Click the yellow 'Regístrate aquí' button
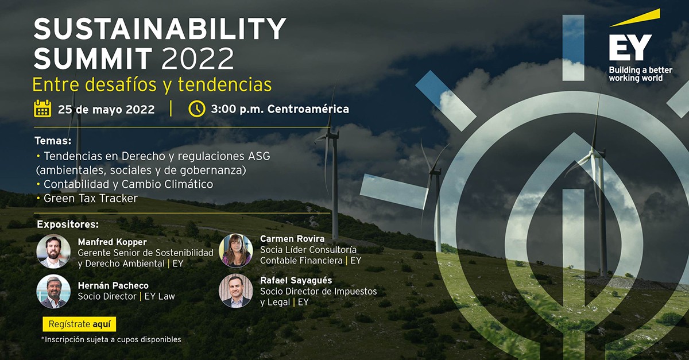click(79, 324)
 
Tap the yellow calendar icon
click(42, 109)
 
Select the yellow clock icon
click(196, 109)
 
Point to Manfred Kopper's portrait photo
click(53, 251)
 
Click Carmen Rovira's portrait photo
click(235, 250)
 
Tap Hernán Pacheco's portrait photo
click(53, 291)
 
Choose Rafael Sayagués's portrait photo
click(235, 291)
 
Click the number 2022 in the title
click(198, 59)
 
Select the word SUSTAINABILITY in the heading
click(160, 29)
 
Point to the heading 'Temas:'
click(53, 141)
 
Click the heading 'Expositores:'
click(68, 223)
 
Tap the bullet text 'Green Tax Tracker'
click(91, 198)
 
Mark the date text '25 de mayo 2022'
click(106, 109)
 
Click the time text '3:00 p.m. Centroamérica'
click(280, 109)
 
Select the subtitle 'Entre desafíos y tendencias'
click(152, 84)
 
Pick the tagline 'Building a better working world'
click(640, 73)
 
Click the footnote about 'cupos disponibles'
click(111, 339)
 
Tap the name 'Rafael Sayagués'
click(295, 280)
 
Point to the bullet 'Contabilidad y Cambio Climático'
click(128, 184)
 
